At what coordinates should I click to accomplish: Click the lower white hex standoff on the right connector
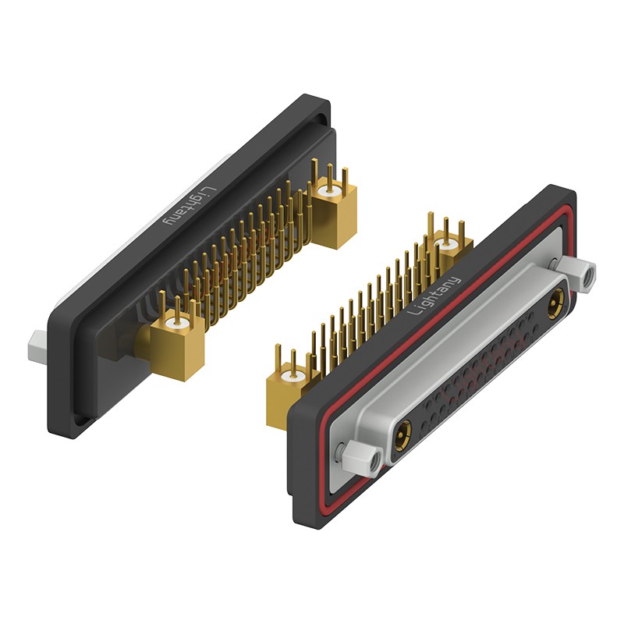point(361,459)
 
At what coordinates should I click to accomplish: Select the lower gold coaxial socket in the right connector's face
point(402,436)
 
